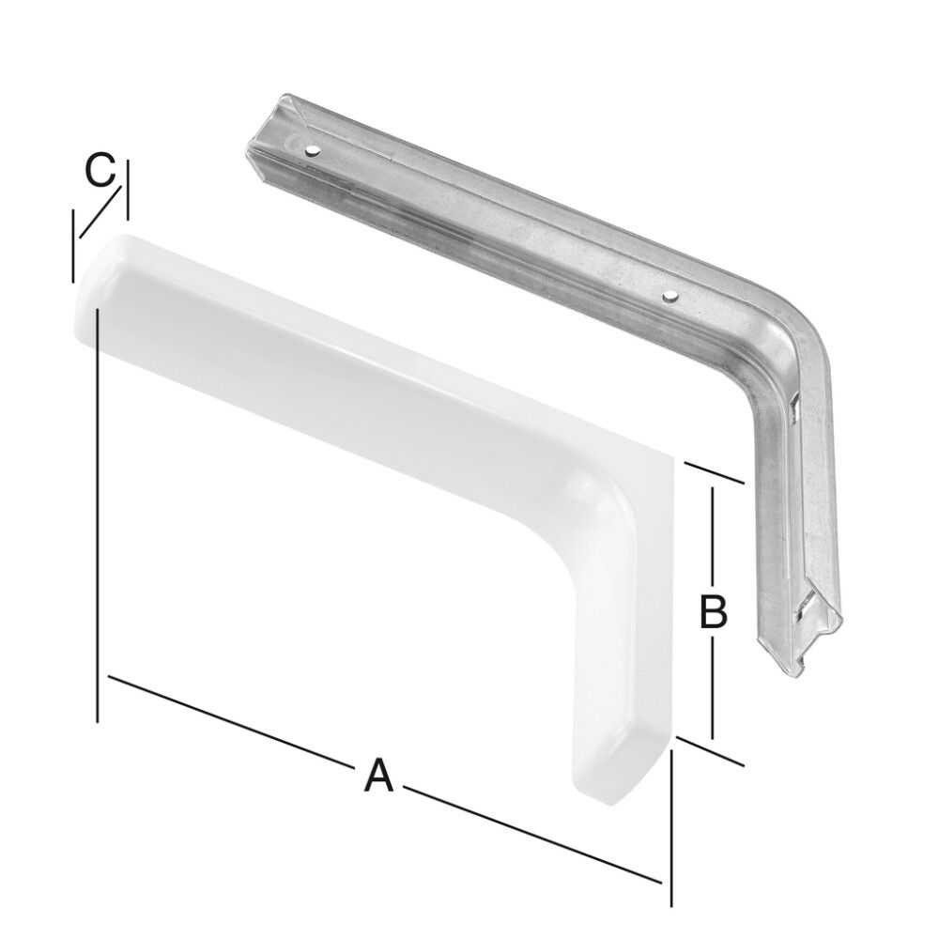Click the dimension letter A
tap(377, 776)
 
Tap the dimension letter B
tap(713, 612)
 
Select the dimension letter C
tap(100, 172)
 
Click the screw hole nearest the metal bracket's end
tap(311, 149)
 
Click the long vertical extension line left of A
tap(98, 526)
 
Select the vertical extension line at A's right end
tap(671, 826)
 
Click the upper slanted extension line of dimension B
tap(716, 473)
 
